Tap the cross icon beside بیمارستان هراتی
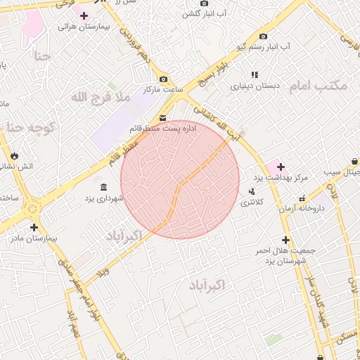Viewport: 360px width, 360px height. [84, 15]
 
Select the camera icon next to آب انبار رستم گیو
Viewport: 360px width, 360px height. [264, 36]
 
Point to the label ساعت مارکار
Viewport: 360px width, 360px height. [164, 89]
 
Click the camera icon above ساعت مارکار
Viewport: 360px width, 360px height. [164, 79]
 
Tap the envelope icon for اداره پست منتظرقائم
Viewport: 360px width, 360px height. [163, 117]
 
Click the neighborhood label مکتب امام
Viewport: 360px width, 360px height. [319, 85]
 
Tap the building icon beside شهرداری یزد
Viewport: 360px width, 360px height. [104, 187]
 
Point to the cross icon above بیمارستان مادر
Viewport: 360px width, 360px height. [34, 227]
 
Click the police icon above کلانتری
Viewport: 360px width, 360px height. [252, 191]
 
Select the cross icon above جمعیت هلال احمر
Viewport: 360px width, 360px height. [285, 240]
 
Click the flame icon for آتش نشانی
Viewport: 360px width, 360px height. [15, 155]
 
